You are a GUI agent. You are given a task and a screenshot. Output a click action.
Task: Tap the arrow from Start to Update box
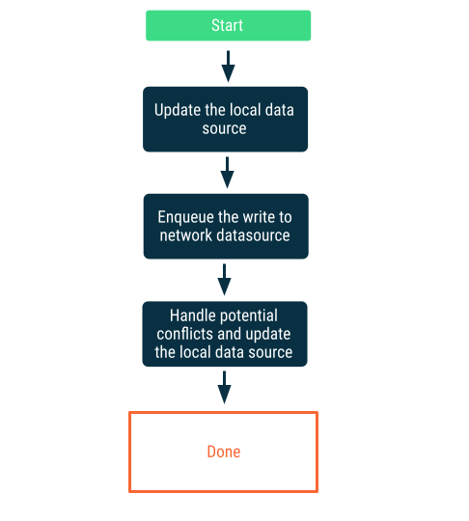(x=228, y=67)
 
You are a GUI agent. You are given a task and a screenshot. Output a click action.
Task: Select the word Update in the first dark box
(x=179, y=110)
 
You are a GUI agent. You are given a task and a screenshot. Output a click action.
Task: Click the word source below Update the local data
(x=225, y=128)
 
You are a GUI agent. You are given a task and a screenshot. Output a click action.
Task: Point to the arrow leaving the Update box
(x=228, y=173)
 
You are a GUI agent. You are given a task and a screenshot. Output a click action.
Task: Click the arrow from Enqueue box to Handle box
(x=225, y=280)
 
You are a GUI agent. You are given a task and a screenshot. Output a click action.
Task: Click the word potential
(x=249, y=315)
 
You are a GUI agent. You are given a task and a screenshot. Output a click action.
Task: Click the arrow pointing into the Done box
(x=225, y=387)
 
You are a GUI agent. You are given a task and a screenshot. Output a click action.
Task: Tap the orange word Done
(x=224, y=452)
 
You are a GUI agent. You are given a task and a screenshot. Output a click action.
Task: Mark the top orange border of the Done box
(x=224, y=413)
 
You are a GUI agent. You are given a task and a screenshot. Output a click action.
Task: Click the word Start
(x=228, y=25)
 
